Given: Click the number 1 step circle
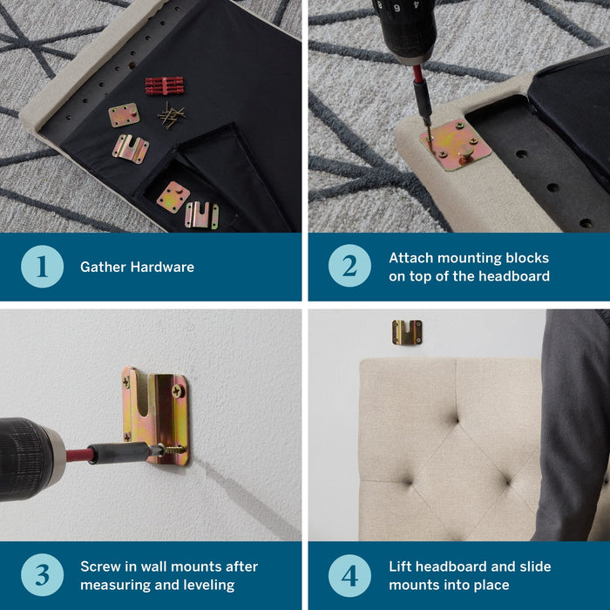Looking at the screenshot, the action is click(x=42, y=267).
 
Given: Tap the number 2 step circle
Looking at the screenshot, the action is click(x=349, y=266).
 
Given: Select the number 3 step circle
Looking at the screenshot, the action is click(x=42, y=574).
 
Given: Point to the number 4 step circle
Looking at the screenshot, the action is click(x=349, y=576).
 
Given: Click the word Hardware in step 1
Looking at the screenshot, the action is click(x=162, y=267).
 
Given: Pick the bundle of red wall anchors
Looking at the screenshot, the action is click(x=165, y=85).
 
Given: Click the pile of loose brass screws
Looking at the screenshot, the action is click(x=171, y=116).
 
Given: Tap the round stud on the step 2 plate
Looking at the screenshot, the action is click(x=465, y=151).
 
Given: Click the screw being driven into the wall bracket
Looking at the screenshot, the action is click(x=173, y=451).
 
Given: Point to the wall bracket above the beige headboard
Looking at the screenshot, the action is click(x=407, y=332).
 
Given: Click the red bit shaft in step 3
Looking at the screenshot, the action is click(x=80, y=455).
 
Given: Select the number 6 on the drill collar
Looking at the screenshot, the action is click(x=396, y=8).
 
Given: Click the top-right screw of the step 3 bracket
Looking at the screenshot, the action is click(x=178, y=390).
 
